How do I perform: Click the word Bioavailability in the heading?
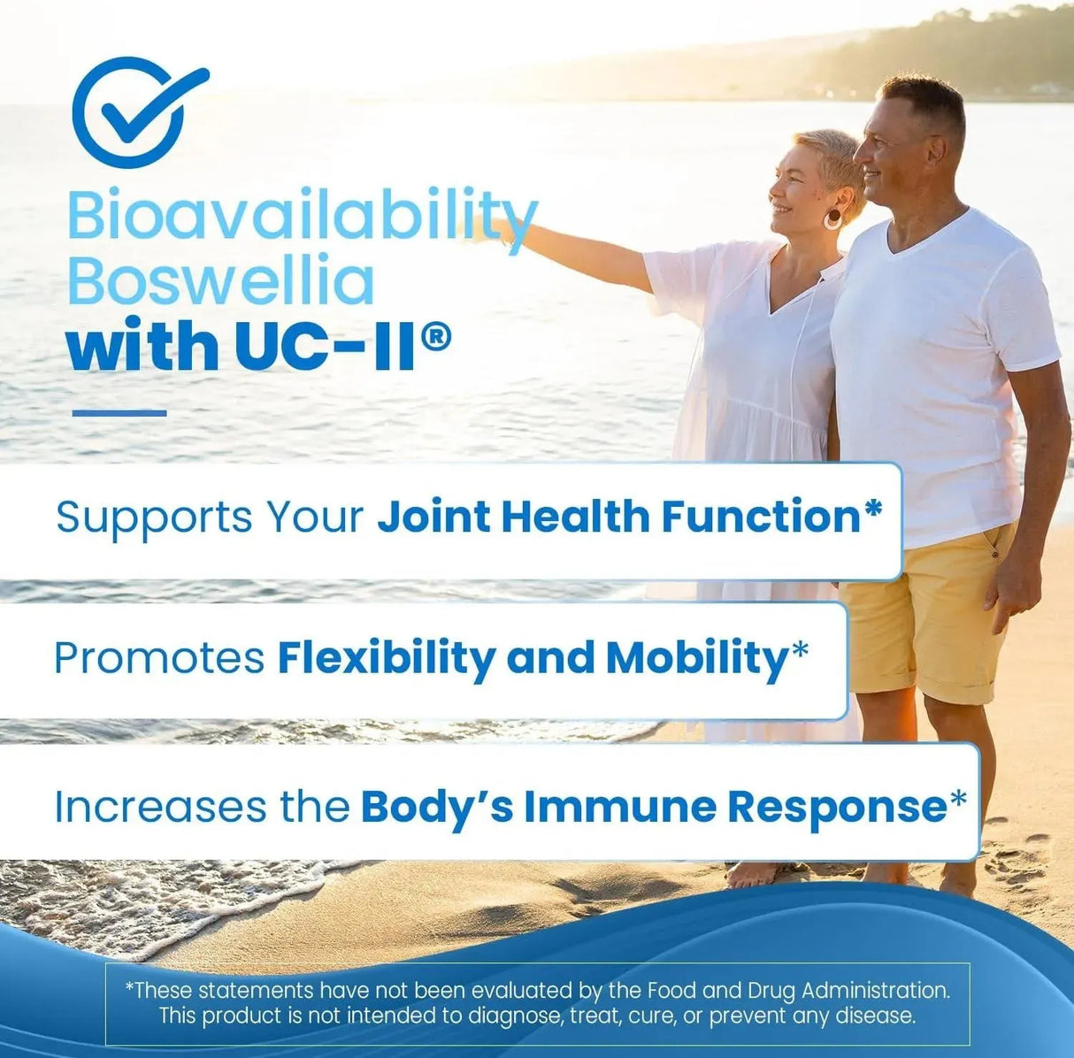click(x=301, y=216)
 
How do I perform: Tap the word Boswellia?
click(x=220, y=280)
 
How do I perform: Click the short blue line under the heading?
click(x=119, y=412)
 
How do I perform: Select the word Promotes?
click(x=159, y=657)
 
